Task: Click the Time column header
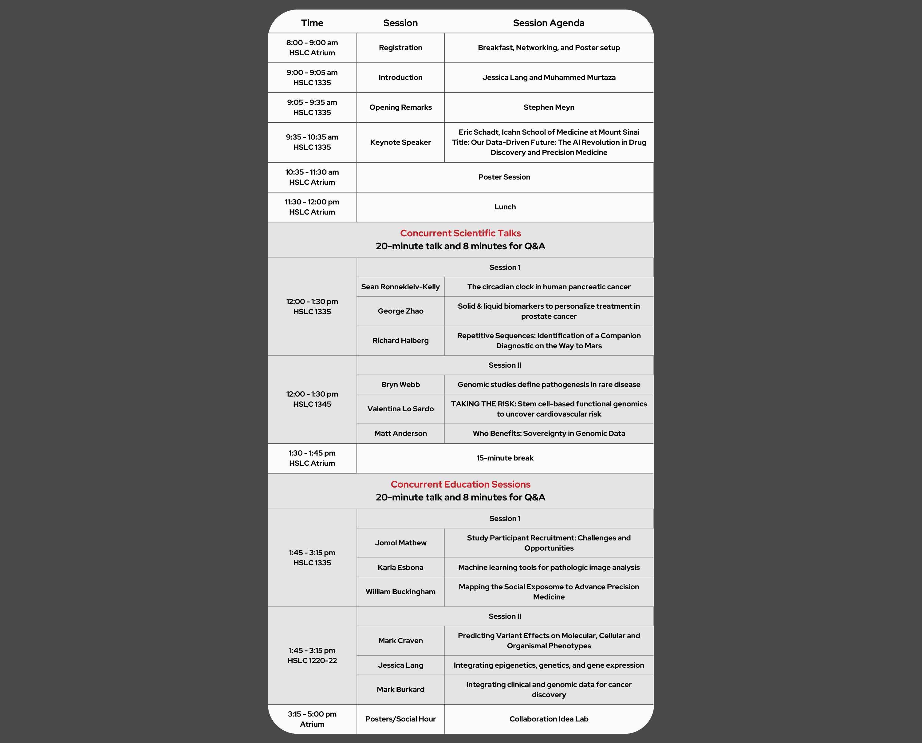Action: (x=312, y=23)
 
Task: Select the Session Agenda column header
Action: (x=549, y=23)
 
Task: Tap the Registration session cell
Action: (x=400, y=48)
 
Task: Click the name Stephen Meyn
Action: (x=549, y=107)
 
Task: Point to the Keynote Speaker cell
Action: (x=400, y=142)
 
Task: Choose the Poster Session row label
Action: (x=504, y=177)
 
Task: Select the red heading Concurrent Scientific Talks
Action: (x=460, y=233)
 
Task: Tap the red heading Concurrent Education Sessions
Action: (x=460, y=484)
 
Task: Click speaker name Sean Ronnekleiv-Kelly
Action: (x=400, y=287)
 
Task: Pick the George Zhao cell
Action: (x=400, y=311)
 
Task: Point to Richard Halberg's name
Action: (x=400, y=341)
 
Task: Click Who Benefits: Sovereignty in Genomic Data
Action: (x=549, y=433)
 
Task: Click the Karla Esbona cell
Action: (x=400, y=567)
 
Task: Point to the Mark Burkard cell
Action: (x=400, y=690)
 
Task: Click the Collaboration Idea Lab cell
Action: (x=549, y=719)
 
